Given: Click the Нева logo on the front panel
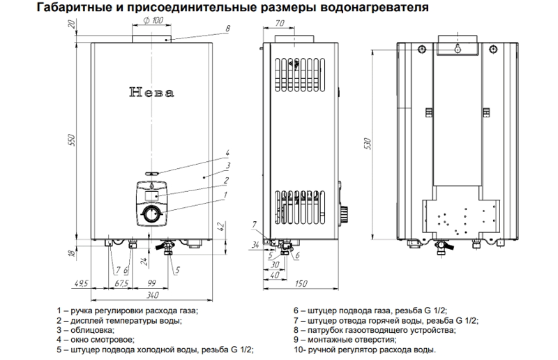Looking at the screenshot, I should tap(151, 92).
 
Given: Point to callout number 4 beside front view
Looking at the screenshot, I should tap(227, 153).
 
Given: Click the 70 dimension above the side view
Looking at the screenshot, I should tap(280, 24).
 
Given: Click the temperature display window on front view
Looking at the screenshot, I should tap(152, 197).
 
